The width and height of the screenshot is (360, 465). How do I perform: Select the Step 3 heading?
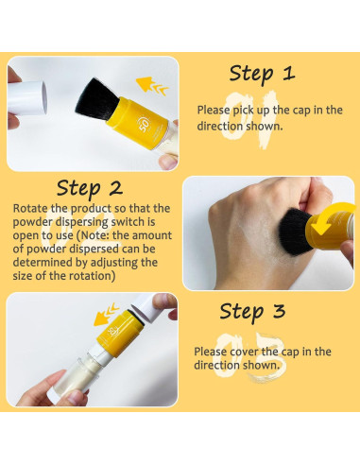point(253,311)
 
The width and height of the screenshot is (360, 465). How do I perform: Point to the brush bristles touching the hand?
point(296,229)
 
